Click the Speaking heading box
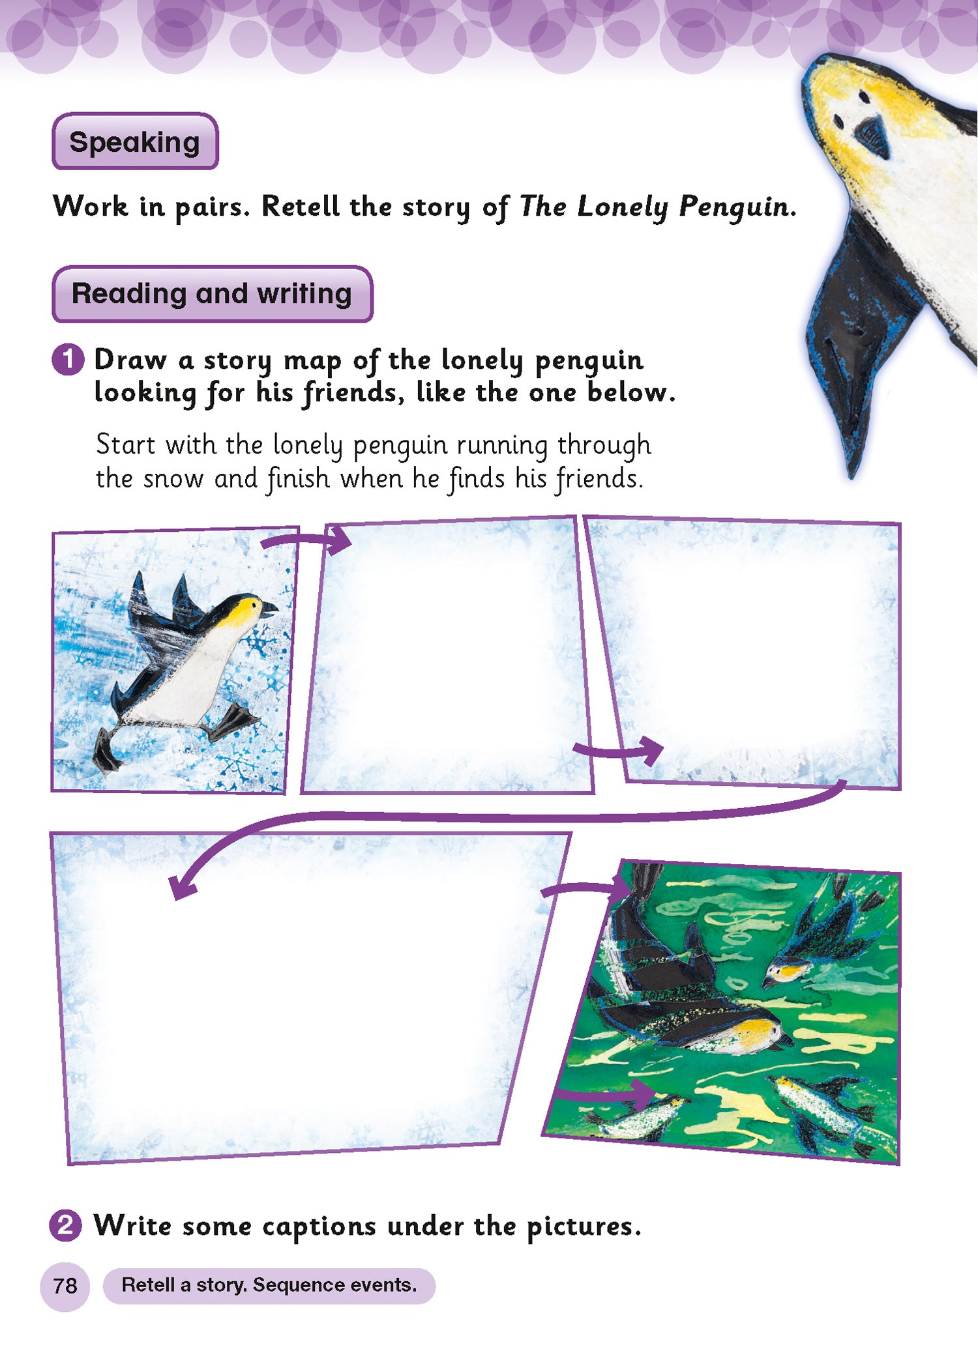(x=135, y=141)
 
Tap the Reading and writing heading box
(x=212, y=294)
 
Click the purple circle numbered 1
(x=68, y=360)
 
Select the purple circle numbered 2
(x=66, y=1226)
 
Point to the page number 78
(x=65, y=1286)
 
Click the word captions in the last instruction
(x=319, y=1227)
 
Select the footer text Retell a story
(x=185, y=1285)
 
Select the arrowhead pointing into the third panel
(x=651, y=751)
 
